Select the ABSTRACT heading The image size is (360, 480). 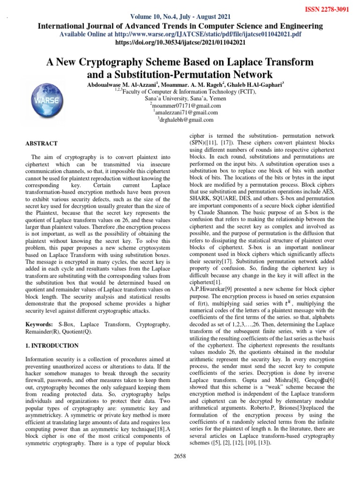coord(42,143)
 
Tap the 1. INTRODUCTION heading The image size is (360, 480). coord(52,345)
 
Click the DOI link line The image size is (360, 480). coord(180,42)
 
